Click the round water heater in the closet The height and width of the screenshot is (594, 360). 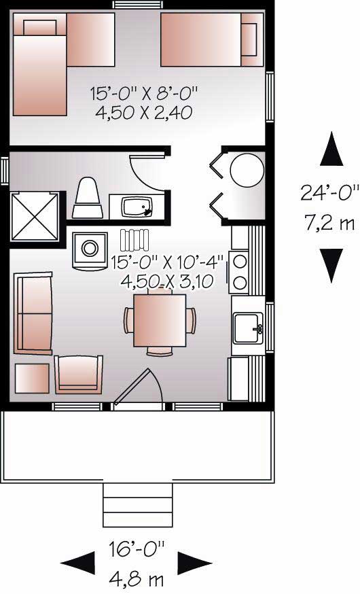pos(247,170)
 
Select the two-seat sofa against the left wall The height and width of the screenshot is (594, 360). pos(32,313)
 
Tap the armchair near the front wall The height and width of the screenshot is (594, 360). pos(79,374)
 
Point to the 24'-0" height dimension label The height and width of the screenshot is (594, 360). pos(330,192)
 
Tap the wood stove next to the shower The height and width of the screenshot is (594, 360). pos(89,249)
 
